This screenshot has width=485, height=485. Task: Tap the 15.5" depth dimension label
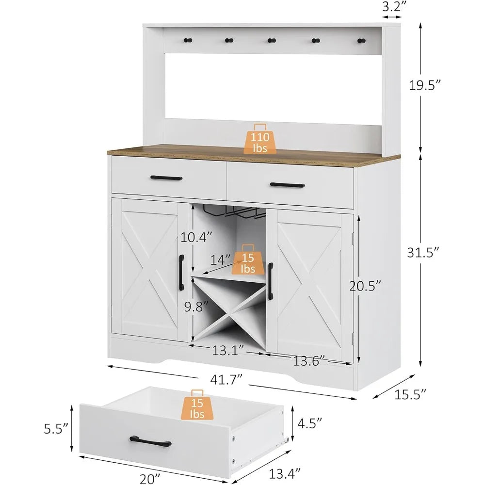pyautogui.click(x=406, y=394)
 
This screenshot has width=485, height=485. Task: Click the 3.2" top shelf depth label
pyautogui.click(x=393, y=7)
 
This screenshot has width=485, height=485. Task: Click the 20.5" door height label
pyautogui.click(x=365, y=286)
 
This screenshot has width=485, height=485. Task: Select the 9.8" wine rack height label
pyautogui.click(x=197, y=307)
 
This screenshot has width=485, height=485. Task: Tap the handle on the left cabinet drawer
pyautogui.click(x=166, y=178)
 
